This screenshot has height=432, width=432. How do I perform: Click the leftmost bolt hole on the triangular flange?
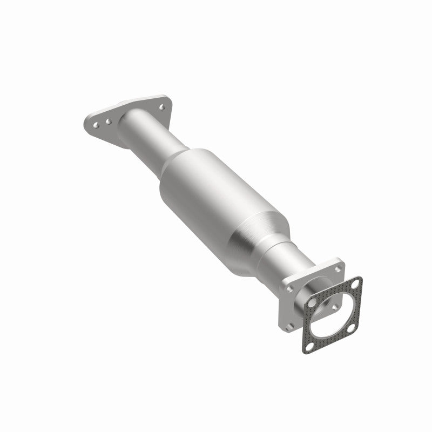pyautogui.click(x=96, y=125)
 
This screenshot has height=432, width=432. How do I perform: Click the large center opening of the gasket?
pyautogui.click(x=335, y=316)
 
